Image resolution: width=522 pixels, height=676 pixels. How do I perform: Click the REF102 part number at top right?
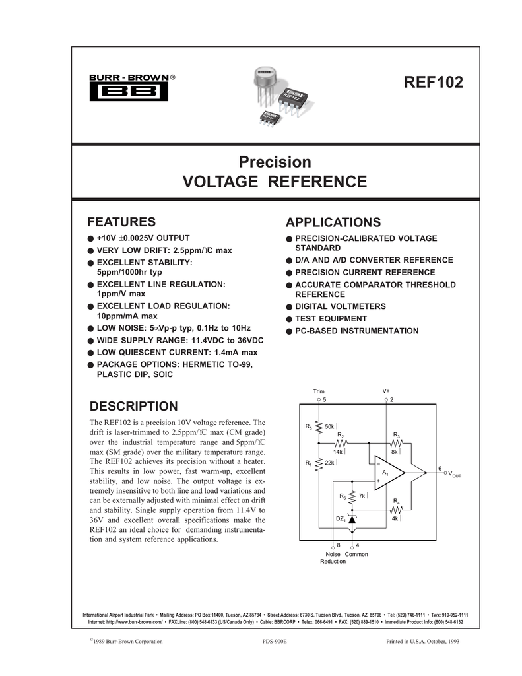tap(434, 83)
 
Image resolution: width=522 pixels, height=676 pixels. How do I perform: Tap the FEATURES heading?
tap(122, 221)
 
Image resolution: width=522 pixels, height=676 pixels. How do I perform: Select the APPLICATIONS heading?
tap(333, 222)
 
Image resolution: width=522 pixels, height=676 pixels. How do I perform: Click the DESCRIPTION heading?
tap(133, 405)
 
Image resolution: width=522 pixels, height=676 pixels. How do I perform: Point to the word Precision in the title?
tap(275, 162)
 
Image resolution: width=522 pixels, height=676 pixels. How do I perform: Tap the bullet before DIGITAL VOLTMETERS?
tap(289, 307)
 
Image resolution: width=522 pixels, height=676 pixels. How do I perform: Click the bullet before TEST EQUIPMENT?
tap(289, 319)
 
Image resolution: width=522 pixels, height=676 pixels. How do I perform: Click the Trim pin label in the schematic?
tap(319, 391)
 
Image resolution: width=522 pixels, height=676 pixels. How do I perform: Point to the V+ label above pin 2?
tap(386, 391)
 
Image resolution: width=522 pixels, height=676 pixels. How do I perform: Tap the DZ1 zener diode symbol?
tap(352, 520)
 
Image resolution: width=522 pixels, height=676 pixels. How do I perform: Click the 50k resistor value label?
tap(331, 428)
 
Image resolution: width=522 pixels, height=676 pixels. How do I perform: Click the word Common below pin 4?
tap(356, 554)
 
